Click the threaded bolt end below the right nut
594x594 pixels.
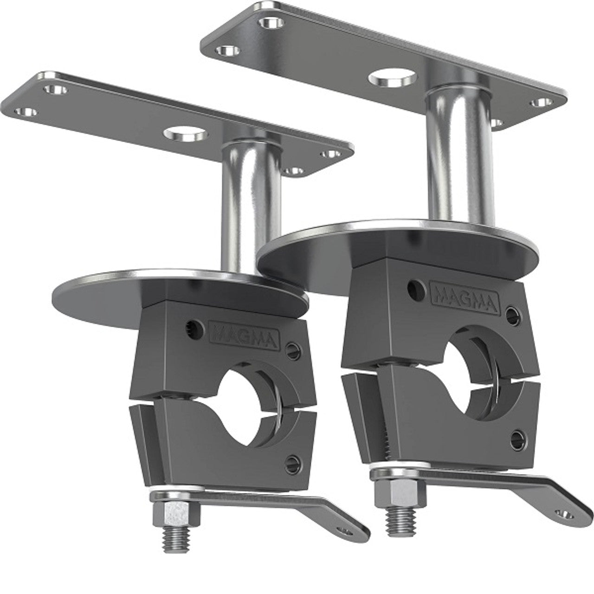(x=402, y=515)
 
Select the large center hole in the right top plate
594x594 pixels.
(x=393, y=77)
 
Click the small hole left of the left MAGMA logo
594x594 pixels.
(x=191, y=325)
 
